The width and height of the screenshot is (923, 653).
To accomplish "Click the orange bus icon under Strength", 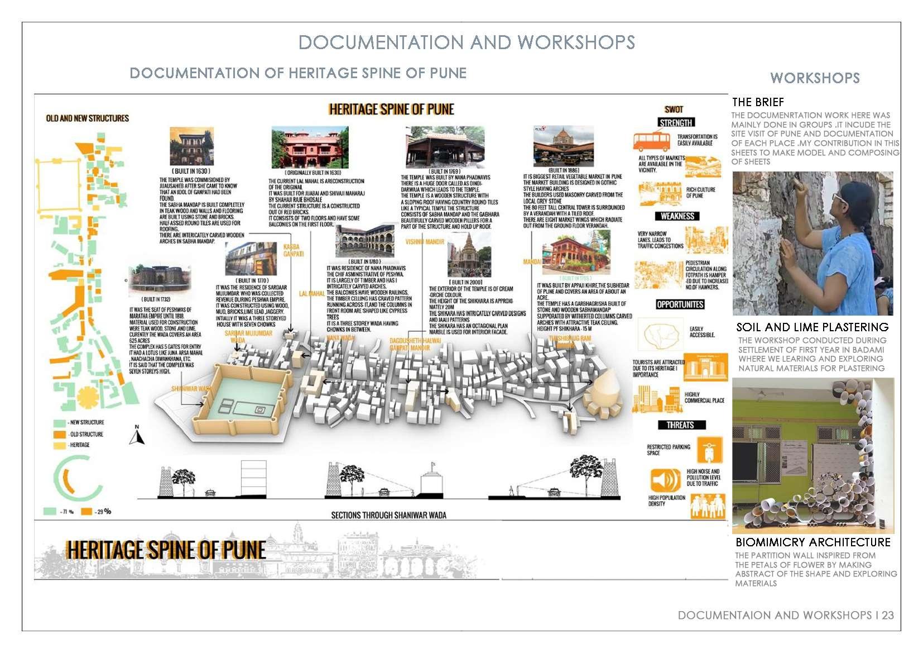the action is pos(651,141).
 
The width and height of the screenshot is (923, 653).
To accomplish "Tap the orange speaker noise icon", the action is pos(665,480).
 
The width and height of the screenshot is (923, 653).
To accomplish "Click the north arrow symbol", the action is pos(137,436).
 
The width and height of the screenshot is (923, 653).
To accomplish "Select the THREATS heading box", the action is pos(680,425).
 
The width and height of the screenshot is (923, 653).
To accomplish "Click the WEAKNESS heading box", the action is pos(677,216).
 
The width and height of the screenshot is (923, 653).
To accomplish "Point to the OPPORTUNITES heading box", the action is pos(680,304).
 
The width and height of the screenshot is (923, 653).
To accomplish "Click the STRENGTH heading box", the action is pos(676,123).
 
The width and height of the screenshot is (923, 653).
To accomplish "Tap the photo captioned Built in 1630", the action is pos(191,146).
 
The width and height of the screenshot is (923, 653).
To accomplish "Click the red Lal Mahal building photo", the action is pos(310,147).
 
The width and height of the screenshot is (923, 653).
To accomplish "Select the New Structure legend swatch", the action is pos(59,423).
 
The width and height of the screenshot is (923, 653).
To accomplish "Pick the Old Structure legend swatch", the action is pos(59,434).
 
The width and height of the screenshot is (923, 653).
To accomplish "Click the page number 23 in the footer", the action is pos(887,615).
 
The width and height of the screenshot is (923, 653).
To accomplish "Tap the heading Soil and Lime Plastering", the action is pos(812,327).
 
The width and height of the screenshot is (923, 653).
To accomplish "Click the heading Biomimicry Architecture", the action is pos(813,542).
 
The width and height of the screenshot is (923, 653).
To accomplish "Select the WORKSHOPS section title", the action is pos(815,78).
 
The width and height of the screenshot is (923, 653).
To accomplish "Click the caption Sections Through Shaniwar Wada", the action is pos(388,515).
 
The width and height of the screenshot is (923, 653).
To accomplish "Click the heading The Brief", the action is pos(758,102).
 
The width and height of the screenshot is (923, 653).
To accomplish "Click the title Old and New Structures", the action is pos(88,118).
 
